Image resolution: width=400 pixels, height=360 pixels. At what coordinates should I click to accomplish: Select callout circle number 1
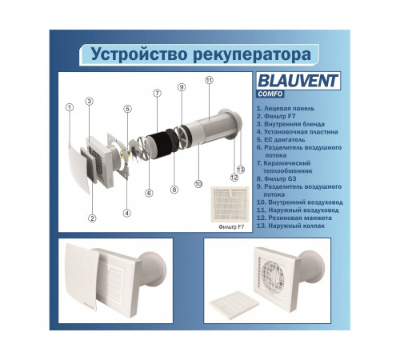[x=70, y=108]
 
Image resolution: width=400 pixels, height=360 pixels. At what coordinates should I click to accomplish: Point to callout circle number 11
[x=209, y=81]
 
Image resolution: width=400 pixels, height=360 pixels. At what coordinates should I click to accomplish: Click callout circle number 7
[x=157, y=94]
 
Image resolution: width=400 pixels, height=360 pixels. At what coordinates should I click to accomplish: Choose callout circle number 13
[x=239, y=169]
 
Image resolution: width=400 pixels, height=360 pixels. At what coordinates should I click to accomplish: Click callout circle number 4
[x=126, y=213]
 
